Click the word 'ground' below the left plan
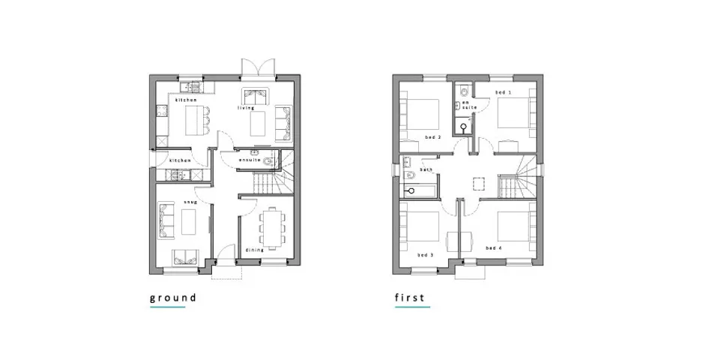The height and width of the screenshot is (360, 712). [x=173, y=298]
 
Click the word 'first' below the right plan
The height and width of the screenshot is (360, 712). [x=410, y=298]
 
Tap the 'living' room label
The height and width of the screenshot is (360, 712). [x=247, y=108]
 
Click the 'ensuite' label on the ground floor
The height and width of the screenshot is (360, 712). [x=250, y=160]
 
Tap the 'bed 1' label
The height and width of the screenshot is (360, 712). [x=504, y=92]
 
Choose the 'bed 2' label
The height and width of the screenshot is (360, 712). [x=432, y=137]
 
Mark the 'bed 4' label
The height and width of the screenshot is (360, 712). [x=493, y=247]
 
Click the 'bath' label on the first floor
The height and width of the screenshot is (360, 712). [x=426, y=170]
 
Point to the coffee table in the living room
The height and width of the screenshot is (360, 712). [x=259, y=122]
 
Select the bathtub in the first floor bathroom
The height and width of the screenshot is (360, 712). [x=416, y=192]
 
